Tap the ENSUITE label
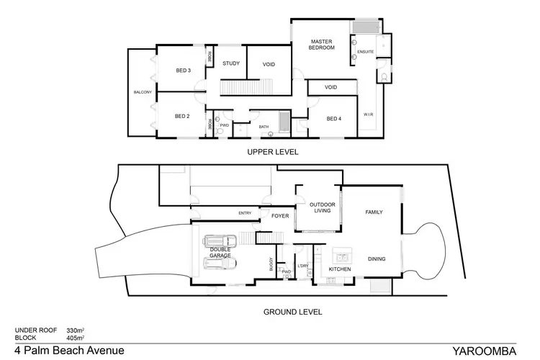(365, 51)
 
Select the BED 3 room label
(183, 71)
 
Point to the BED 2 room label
(182, 116)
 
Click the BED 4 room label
(333, 119)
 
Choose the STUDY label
(230, 64)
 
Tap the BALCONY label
(142, 93)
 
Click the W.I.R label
(367, 114)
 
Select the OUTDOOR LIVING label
(323, 208)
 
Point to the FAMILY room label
(374, 212)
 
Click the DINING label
(377, 258)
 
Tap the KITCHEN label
(339, 269)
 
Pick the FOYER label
(279, 214)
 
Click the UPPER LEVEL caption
(272, 152)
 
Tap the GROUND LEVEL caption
(293, 312)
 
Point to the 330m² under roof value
(76, 330)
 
